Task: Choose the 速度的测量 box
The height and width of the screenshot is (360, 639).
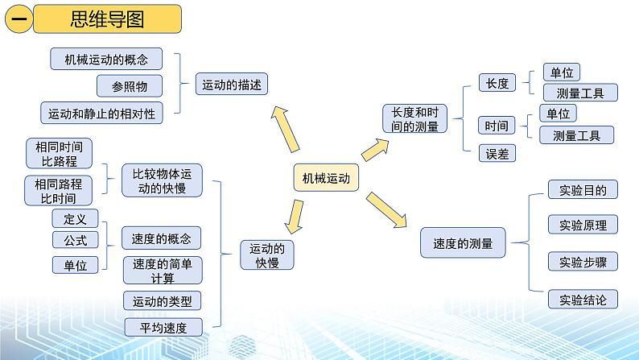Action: [463, 242]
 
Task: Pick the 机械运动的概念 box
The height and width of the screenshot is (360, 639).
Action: [106, 59]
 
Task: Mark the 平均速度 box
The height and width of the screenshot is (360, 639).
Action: [162, 326]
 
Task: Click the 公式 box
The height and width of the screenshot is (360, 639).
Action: [75, 239]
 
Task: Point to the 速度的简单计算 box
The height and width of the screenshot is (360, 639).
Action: [163, 271]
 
